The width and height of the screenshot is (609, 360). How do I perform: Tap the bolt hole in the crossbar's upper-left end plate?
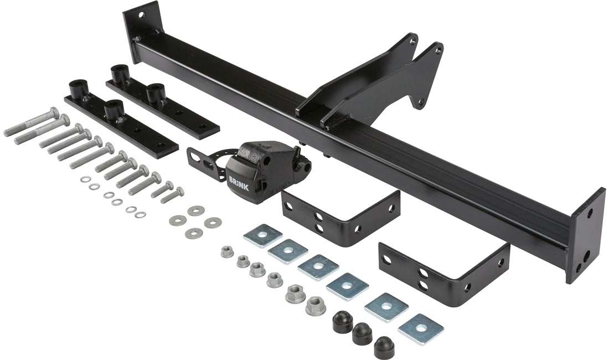pyautogui.click(x=141, y=16)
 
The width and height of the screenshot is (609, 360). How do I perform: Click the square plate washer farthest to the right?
pyautogui.click(x=421, y=325)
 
